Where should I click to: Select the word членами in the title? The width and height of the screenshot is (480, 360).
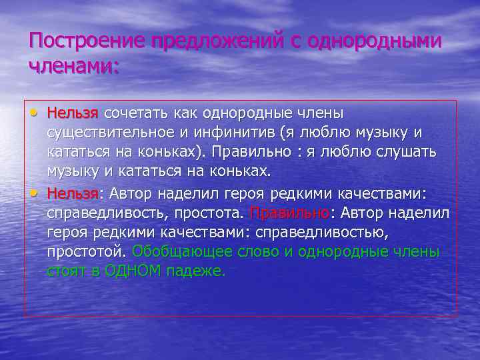(71, 67)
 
